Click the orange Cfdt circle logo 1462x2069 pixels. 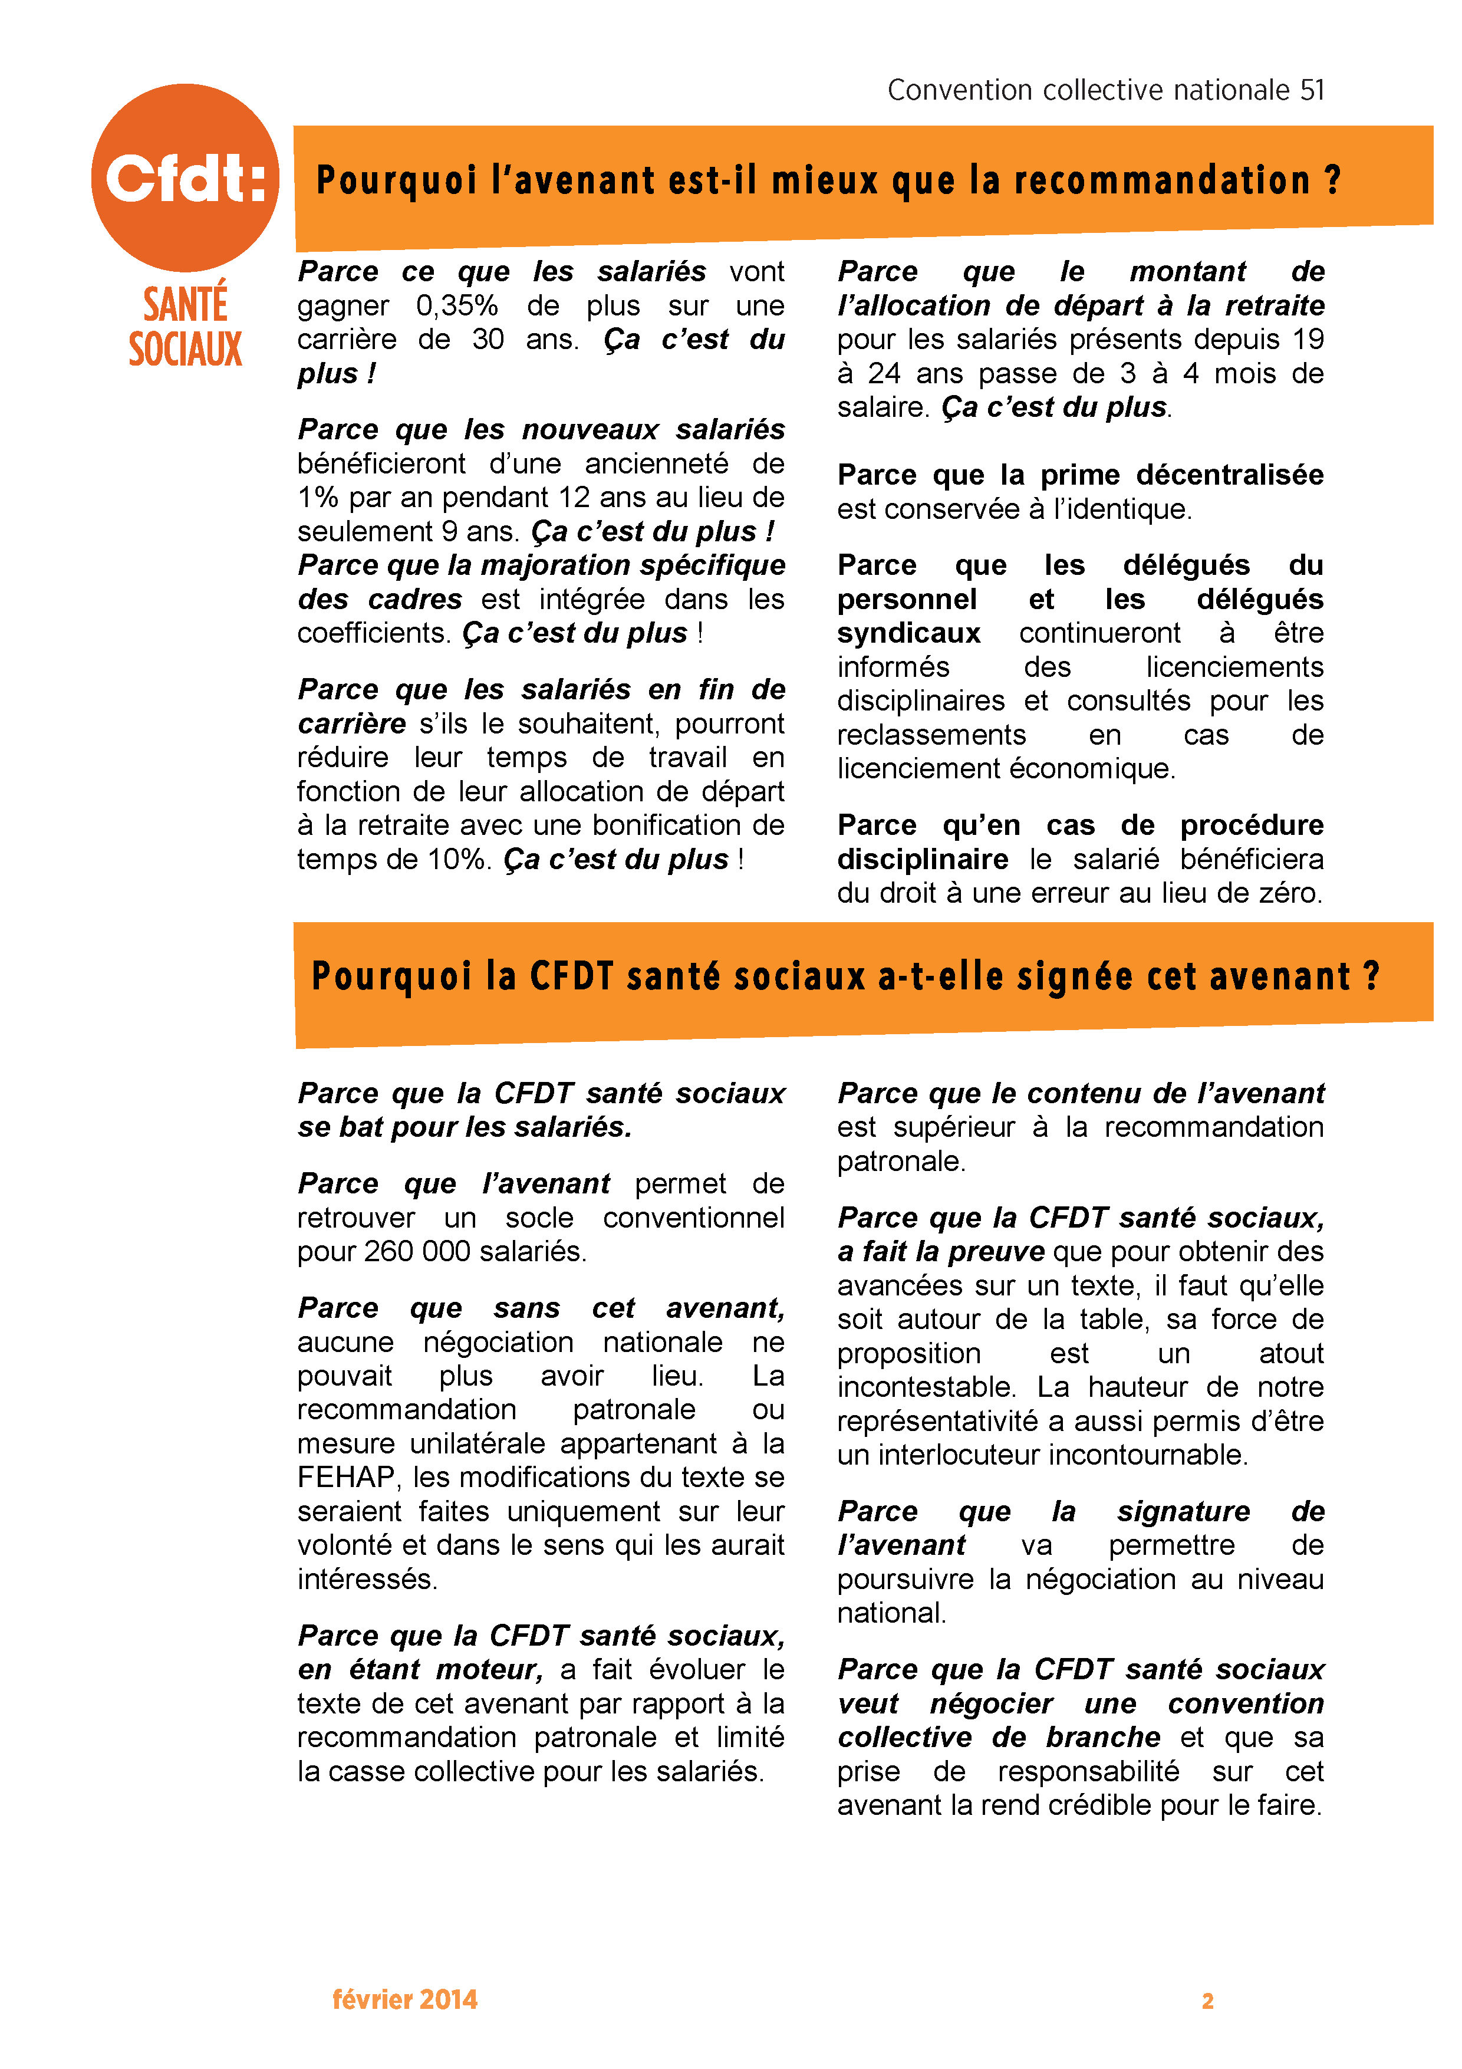pyautogui.click(x=185, y=177)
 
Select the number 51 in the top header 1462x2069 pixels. pyautogui.click(x=1312, y=90)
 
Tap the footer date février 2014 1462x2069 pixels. pyautogui.click(x=404, y=1999)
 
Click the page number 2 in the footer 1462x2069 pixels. pyautogui.click(x=1207, y=2001)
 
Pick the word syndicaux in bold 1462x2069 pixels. pyautogui.click(x=908, y=633)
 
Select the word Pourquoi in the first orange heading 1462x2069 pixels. pyautogui.click(x=396, y=180)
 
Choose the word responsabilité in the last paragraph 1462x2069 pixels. pyautogui.click(x=1088, y=1772)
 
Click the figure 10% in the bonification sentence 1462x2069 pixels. pyautogui.click(x=457, y=860)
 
